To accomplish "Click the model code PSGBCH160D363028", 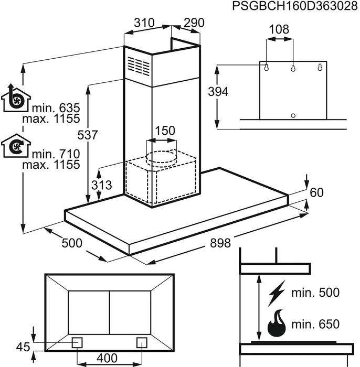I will click(x=291, y=7).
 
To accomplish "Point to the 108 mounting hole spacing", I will click(x=278, y=30).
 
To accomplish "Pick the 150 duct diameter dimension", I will click(x=165, y=131).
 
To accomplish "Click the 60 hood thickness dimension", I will click(x=316, y=192).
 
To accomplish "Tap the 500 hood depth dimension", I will click(x=72, y=243).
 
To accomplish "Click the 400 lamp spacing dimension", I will click(x=107, y=358).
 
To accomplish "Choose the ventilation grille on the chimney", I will click(x=138, y=67).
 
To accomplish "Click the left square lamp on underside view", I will click(x=77, y=342).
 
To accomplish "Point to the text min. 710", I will click(x=55, y=154).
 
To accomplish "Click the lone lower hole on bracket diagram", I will click(x=293, y=115).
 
